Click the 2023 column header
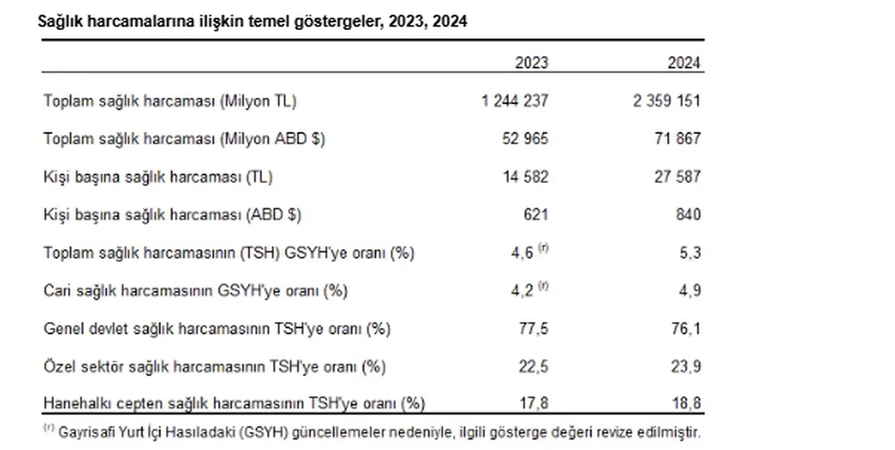point(531,63)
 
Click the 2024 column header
point(683,63)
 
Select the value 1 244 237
point(515,101)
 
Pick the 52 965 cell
point(524,138)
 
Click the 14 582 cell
point(524,177)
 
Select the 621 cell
point(536,215)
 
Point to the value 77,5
point(535,328)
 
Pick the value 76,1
point(687,328)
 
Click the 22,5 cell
point(535,365)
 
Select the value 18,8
point(687,403)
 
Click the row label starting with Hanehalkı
point(234,403)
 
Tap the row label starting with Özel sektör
point(214,365)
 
